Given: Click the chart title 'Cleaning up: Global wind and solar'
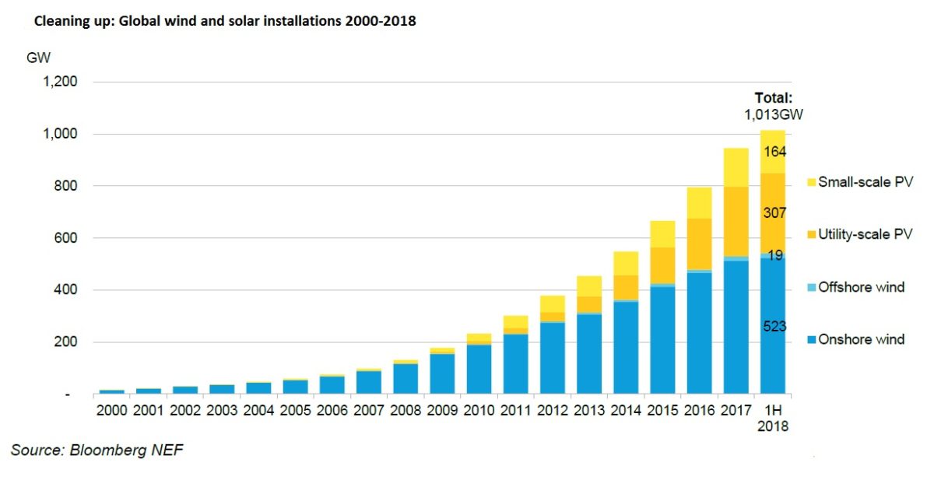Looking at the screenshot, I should [x=224, y=22].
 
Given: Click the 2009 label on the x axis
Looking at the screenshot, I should [x=441, y=410].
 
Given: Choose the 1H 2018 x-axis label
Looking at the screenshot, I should [x=773, y=418].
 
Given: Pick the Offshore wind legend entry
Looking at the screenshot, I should [x=861, y=287].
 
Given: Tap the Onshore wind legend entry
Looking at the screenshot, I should [x=861, y=339].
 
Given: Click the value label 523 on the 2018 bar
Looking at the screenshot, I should [x=774, y=328].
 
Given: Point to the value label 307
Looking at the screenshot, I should [x=774, y=212].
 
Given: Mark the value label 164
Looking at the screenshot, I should [x=774, y=152].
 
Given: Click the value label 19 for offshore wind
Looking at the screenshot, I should [x=774, y=255].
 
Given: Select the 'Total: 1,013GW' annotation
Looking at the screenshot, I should [x=773, y=107].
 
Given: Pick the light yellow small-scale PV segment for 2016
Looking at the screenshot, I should [x=699, y=202].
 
